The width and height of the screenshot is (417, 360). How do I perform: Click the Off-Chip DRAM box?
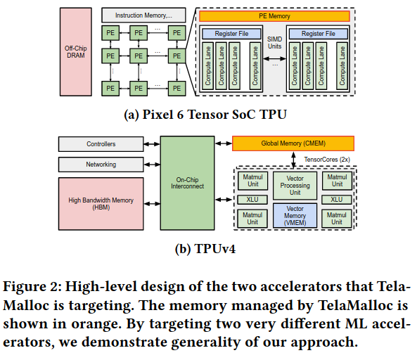76,52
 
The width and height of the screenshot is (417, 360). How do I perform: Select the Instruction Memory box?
143,15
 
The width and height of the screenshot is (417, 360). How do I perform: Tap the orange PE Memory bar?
274,16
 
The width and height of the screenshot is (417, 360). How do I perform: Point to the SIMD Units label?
274,43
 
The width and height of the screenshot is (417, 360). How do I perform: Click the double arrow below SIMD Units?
274,59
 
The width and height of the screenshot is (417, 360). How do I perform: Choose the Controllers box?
101,144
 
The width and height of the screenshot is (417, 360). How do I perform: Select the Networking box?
101,165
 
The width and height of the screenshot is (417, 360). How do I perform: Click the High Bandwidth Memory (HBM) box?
101,204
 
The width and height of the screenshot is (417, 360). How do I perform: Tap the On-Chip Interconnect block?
187,184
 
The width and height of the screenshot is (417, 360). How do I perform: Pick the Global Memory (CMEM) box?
293,143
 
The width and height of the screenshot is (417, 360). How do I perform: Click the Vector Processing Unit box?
295,186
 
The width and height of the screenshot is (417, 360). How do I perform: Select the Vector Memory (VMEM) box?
295,216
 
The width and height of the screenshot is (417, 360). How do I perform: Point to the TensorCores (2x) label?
327,160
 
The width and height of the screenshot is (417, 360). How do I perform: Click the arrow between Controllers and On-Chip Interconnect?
152,144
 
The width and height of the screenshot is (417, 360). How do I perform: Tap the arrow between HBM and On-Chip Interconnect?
152,204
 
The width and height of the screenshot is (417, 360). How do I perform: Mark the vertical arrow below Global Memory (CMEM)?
293,160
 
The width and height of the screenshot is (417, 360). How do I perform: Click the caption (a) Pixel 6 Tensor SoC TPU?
205,115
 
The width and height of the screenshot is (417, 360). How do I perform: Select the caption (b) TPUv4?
205,249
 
